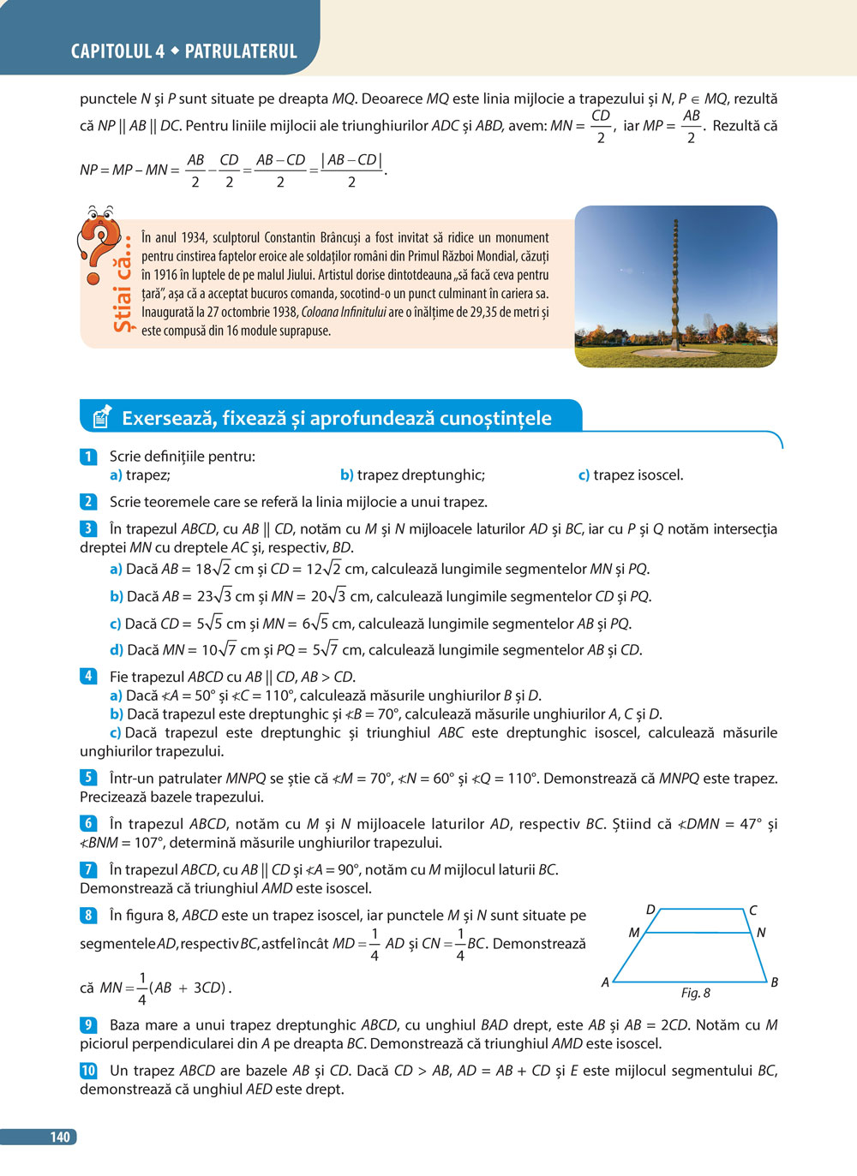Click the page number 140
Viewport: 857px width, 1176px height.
point(60,1137)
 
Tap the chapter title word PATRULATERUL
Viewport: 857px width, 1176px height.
point(241,51)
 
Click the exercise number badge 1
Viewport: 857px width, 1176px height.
point(87,457)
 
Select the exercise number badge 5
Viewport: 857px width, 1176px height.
point(87,778)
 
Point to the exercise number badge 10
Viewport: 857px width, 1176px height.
point(88,1070)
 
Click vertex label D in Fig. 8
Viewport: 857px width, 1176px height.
point(650,910)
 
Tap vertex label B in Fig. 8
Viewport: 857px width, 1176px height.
point(774,982)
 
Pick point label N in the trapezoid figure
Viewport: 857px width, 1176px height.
point(761,933)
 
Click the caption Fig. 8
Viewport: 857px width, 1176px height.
point(695,993)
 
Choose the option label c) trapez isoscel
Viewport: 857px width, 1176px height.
point(631,475)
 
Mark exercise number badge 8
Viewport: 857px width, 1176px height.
point(87,915)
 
